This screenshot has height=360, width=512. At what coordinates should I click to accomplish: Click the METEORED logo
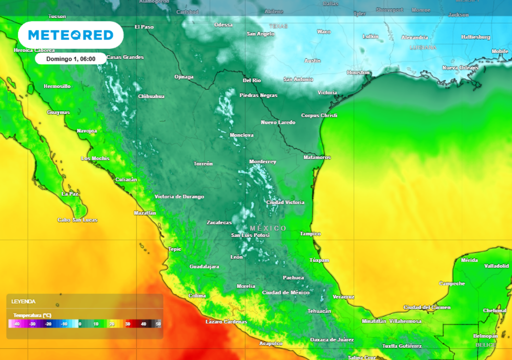point(70,35)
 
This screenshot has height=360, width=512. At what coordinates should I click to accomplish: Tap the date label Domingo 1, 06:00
point(70,58)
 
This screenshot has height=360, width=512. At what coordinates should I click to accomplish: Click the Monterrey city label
point(262,162)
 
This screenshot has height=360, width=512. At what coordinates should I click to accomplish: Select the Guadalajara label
point(204,266)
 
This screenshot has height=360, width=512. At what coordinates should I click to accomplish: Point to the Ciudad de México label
point(285,292)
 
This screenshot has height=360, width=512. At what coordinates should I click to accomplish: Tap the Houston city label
point(358,72)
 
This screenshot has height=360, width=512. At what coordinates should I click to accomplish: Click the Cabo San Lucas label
point(77,220)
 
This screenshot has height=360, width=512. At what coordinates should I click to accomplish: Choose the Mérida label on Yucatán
point(469,260)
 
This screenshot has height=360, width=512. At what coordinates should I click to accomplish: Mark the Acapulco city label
point(270,343)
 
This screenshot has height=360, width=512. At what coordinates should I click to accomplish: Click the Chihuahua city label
point(151,96)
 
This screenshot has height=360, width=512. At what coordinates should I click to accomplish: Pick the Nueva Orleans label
point(460,67)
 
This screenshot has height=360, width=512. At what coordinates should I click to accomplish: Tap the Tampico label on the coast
point(310,234)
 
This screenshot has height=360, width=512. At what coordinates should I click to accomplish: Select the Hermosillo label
point(57,86)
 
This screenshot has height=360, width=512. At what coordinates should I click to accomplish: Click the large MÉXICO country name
point(268,228)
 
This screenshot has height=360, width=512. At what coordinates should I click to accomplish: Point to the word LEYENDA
point(23,301)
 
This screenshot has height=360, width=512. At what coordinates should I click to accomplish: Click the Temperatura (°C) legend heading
point(32,315)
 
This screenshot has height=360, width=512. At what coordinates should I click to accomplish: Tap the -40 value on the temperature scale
point(16,324)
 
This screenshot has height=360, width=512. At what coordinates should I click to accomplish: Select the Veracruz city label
point(343,297)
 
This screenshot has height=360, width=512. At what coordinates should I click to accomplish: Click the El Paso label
point(144,27)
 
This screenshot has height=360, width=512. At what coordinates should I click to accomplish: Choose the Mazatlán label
point(145,213)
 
